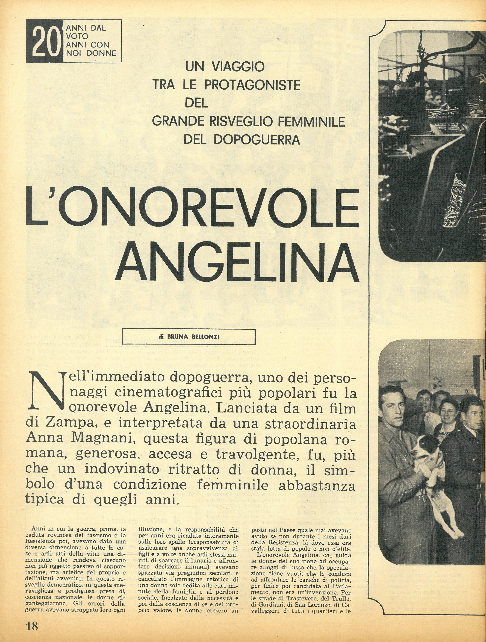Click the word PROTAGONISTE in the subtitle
pyautogui.click(x=252, y=85)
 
